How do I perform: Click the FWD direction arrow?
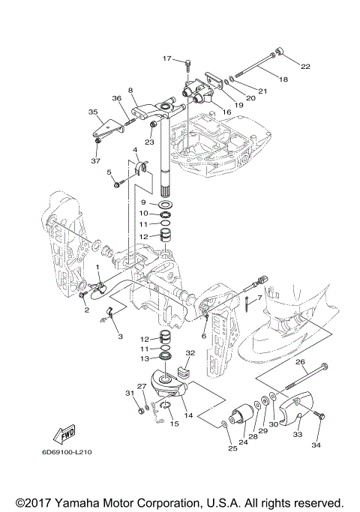click(64, 434)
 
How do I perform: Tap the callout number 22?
click(305, 67)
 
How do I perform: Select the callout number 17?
click(167, 58)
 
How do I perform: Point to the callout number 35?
click(93, 112)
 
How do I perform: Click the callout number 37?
click(96, 160)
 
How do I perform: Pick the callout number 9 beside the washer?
click(143, 202)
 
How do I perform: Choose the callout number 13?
click(145, 358)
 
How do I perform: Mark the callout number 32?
click(190, 352)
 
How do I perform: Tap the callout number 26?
click(300, 362)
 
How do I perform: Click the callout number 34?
click(316, 445)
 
